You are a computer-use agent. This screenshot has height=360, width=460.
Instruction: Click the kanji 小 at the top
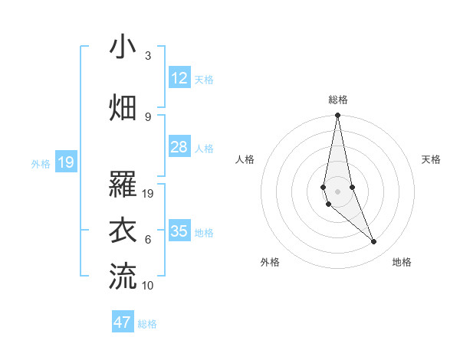click(122, 47)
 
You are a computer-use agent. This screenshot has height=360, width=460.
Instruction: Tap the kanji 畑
click(122, 108)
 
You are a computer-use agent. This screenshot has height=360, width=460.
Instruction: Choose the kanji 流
click(122, 276)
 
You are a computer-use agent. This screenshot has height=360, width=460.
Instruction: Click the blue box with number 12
click(179, 77)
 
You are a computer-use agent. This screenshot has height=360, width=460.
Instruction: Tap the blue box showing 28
click(179, 146)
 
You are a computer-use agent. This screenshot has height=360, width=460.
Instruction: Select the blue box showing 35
click(179, 231)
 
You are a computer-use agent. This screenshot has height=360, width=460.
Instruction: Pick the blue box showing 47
click(123, 322)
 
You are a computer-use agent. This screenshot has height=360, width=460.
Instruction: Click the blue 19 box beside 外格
click(66, 162)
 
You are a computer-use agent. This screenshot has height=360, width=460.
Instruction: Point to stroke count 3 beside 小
click(148, 56)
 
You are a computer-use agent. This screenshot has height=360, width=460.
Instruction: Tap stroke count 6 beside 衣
click(148, 240)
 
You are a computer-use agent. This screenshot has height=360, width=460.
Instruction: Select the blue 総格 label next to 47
click(147, 324)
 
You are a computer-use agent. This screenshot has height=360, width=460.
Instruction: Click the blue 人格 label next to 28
click(204, 148)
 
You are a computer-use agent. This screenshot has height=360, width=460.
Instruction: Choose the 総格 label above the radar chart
click(338, 100)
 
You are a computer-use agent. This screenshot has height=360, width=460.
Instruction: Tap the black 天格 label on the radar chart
click(432, 159)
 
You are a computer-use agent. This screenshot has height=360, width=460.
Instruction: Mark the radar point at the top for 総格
click(337, 116)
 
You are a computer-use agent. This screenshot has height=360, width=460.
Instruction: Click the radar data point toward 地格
click(374, 242)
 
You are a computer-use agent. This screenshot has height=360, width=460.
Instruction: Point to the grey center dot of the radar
click(337, 191)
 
